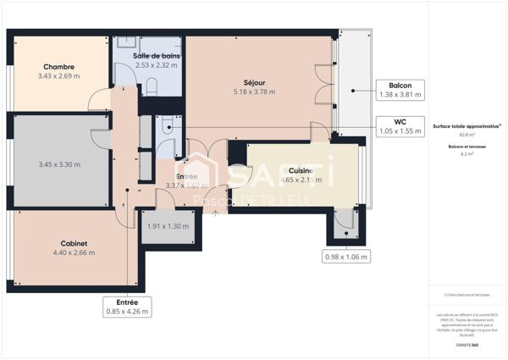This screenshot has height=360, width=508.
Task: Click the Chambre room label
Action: [x=59, y=67]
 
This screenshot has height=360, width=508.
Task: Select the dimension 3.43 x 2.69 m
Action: [x=59, y=76]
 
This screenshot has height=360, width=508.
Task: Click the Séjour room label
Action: [x=257, y=83]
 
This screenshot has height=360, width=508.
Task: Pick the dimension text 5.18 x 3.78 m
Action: [x=257, y=92]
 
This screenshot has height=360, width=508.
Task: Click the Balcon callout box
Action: [x=400, y=91]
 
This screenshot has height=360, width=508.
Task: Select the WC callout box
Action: [x=400, y=126]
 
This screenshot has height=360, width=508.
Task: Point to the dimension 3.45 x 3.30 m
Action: [x=59, y=164]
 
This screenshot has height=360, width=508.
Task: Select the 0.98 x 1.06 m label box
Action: [x=346, y=256]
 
